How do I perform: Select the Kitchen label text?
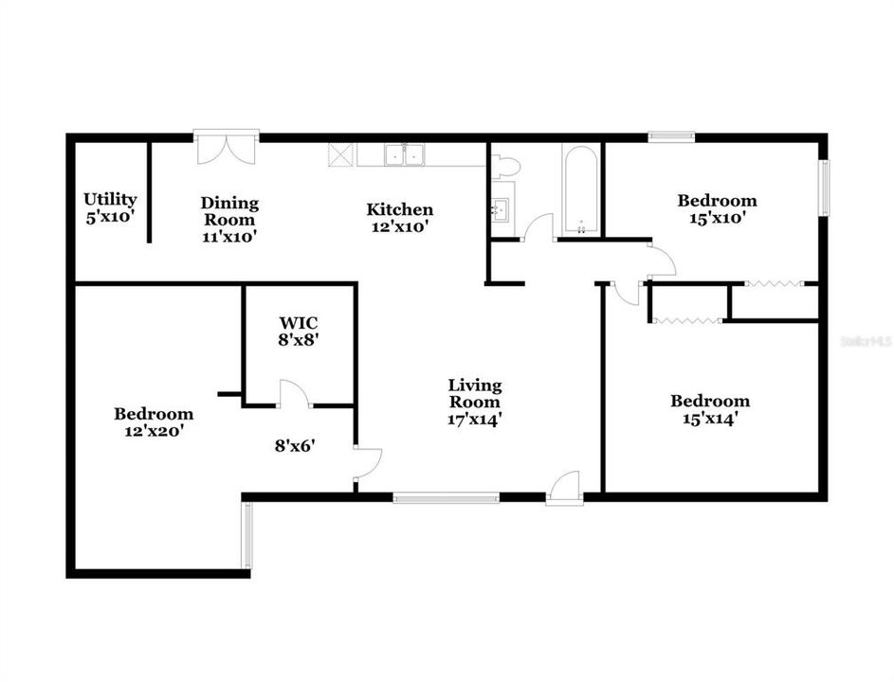400,209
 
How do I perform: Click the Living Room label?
475,394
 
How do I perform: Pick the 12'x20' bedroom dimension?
154,431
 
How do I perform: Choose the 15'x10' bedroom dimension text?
718,218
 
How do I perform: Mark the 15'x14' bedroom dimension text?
711,419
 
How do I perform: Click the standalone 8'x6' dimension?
296,445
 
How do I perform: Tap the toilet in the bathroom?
505,166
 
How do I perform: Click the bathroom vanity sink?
501,208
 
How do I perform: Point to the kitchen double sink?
404,155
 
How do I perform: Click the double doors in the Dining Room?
227,148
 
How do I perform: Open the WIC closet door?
294,394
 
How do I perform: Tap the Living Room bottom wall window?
447,498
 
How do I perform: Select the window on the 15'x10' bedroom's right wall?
825,188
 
